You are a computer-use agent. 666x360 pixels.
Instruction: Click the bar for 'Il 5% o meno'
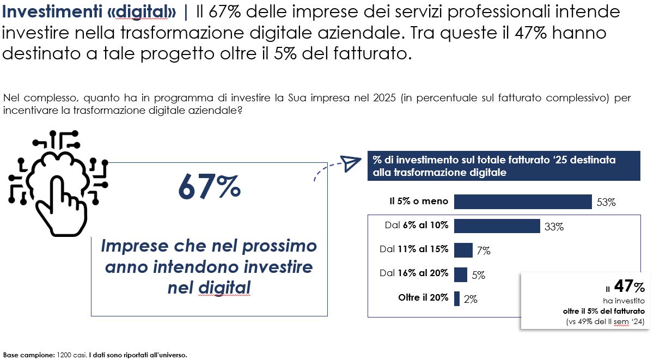coord(523,202)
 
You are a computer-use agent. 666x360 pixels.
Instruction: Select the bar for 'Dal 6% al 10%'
coord(497,225)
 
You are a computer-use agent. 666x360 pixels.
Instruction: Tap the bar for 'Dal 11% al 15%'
coord(463,250)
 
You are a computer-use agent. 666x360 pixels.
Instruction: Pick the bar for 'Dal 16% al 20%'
coord(461,274)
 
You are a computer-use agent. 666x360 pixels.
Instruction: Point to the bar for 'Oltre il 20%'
coord(457,298)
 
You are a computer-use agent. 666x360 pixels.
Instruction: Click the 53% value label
coord(606,203)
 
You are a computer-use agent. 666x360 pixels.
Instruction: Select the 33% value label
coord(554,227)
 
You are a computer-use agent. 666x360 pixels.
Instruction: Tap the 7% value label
coord(484,251)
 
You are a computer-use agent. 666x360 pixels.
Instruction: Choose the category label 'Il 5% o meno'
coord(419,202)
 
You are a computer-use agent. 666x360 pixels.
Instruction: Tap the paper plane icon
coord(351,163)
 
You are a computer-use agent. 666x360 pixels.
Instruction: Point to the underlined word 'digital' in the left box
coord(224,287)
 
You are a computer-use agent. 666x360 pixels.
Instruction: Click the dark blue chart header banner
coord(504,166)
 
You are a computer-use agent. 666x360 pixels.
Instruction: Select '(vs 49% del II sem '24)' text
coord(605,322)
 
